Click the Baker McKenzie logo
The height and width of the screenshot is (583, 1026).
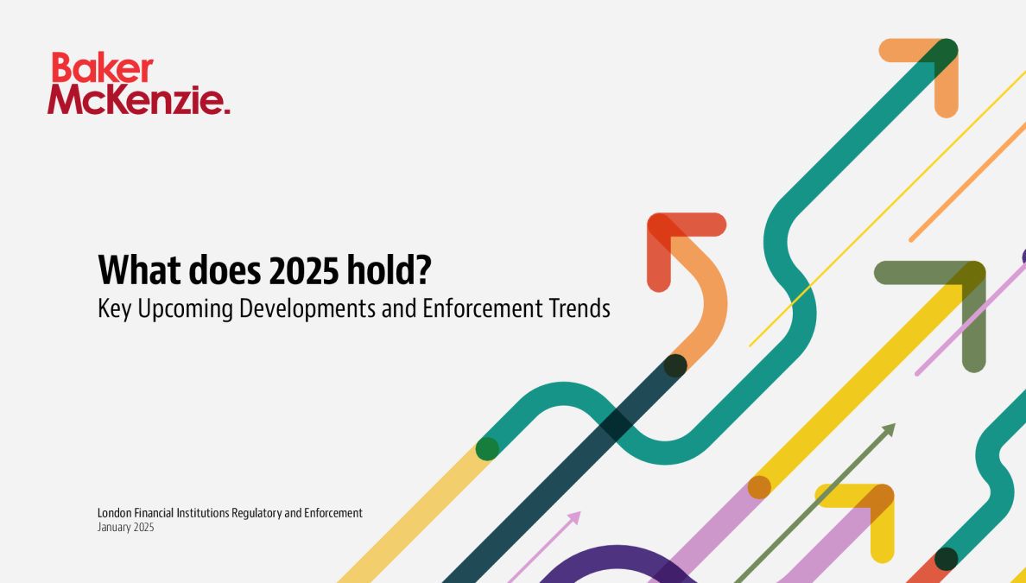coord(138,84)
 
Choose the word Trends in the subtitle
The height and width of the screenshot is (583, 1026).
coord(580,308)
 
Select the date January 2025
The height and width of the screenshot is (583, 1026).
coord(125,528)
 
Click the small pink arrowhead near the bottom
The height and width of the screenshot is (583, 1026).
coord(573,517)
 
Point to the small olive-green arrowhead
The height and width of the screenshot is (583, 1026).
coord(889,429)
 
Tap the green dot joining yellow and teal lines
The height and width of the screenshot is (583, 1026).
coord(487,449)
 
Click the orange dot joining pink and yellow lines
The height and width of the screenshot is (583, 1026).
coord(759,487)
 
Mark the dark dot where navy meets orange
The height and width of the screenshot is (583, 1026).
coord(675,365)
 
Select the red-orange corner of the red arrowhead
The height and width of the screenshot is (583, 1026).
coord(660,225)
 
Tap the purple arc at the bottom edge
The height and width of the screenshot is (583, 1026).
coord(617,557)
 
